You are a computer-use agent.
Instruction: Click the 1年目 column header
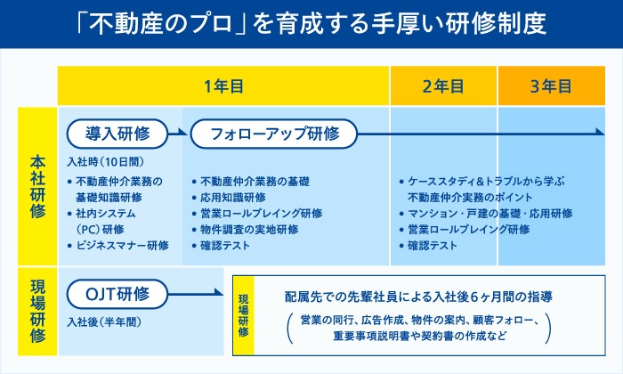[x=222, y=85]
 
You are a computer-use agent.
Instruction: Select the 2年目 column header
[x=443, y=85]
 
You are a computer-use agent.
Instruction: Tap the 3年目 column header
[x=552, y=85]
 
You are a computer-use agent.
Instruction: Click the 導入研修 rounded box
[x=117, y=134]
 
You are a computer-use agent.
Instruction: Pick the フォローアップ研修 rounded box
[x=274, y=134]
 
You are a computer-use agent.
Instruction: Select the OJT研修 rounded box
[x=117, y=294]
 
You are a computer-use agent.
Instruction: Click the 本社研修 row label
[x=37, y=186]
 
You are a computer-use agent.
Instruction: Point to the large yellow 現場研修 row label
[x=37, y=311]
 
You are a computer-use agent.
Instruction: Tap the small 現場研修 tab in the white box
[x=243, y=315]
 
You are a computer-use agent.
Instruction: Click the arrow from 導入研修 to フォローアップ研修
[x=178, y=133]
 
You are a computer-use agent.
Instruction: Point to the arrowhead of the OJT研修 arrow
[x=219, y=293]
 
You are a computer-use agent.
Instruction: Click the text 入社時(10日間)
[x=106, y=162]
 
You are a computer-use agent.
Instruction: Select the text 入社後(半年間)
[x=104, y=322]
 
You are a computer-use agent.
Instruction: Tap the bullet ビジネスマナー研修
[x=118, y=245]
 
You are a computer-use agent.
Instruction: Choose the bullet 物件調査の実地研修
[x=245, y=230]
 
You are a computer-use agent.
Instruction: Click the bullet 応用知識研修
[x=229, y=198]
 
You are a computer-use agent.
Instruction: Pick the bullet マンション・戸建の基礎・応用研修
[x=486, y=214]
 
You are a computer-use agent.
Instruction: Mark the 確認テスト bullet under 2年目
[x=428, y=245]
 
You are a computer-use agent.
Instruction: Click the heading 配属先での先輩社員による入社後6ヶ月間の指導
[x=418, y=297]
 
